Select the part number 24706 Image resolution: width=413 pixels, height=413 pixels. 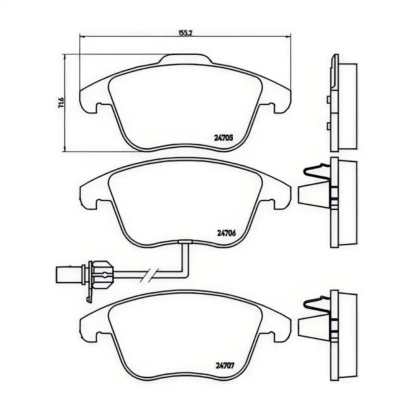[226, 233]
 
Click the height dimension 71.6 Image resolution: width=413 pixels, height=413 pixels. [61, 101]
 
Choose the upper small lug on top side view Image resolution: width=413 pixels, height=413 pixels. [328, 99]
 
